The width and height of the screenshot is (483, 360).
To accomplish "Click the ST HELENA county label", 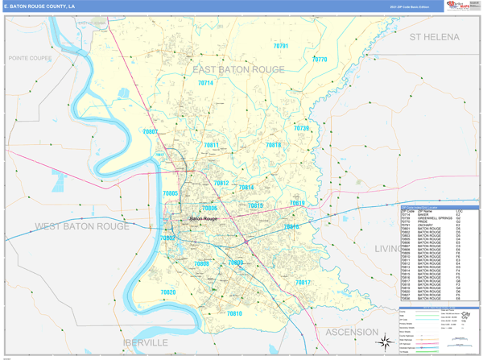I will pyautogui.click(x=434, y=37).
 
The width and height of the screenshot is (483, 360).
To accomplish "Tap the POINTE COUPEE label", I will pyautogui.click(x=29, y=59).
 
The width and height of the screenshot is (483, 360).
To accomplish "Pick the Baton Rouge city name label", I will pyautogui.click(x=203, y=218).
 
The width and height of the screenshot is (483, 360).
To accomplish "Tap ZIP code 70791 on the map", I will pyautogui.click(x=281, y=47).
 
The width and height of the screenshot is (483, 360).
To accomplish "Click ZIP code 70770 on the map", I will pyautogui.click(x=320, y=60).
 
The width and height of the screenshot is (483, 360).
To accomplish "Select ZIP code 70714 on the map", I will pyautogui.click(x=205, y=83).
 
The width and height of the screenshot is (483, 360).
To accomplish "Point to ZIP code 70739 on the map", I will pyautogui.click(x=301, y=128).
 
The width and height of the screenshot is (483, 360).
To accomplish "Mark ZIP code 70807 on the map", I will pyautogui.click(x=151, y=131).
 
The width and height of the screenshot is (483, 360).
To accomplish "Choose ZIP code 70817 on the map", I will pyautogui.click(x=303, y=283).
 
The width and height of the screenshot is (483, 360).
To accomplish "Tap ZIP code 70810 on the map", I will pyautogui.click(x=233, y=312).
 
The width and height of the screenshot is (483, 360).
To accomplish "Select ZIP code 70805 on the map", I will pyautogui.click(x=170, y=194).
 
